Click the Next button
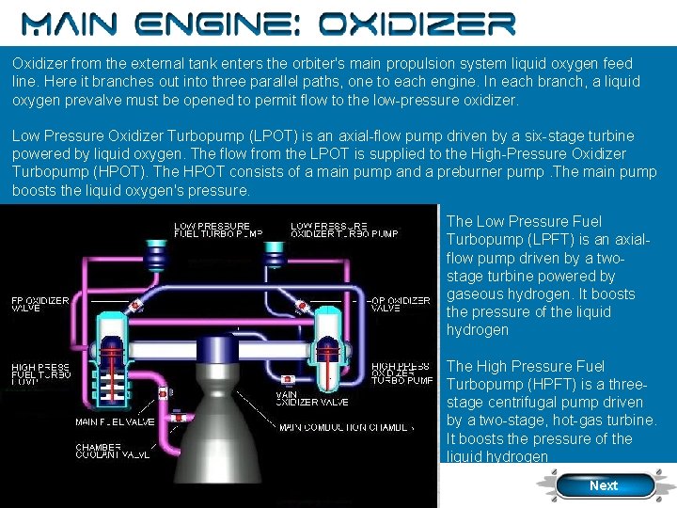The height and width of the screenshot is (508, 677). [604, 485]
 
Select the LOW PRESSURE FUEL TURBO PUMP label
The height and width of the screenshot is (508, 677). [217, 229]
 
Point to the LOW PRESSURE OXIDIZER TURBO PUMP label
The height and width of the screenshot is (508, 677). [344, 229]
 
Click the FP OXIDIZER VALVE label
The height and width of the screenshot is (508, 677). [39, 304]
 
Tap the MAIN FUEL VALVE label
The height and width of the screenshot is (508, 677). [114, 421]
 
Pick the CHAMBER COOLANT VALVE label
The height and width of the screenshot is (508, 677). [112, 450]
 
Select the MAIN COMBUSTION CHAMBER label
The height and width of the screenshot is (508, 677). [346, 427]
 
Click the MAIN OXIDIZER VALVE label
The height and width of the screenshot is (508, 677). [311, 398]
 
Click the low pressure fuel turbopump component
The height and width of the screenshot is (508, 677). [153, 255]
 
